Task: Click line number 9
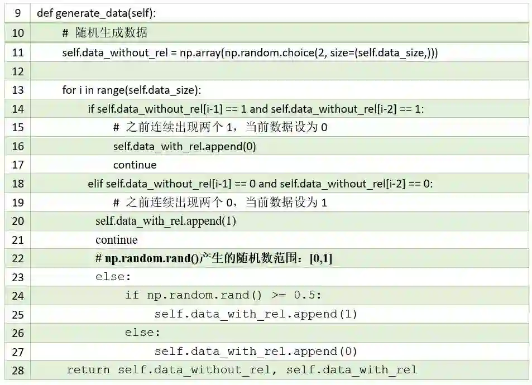click(18, 13)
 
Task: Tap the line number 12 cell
click(18, 71)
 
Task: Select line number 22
click(18, 258)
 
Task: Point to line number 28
click(18, 370)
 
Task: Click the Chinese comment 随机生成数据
click(112, 33)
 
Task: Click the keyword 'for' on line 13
click(69, 90)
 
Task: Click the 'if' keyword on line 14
click(91, 109)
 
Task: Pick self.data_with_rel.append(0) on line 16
click(184, 146)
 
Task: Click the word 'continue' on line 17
click(135, 165)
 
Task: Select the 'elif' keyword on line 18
click(95, 184)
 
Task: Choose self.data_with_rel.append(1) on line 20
click(166, 221)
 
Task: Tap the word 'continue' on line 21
click(116, 240)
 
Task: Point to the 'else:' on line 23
click(113, 277)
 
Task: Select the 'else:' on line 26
click(142, 333)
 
